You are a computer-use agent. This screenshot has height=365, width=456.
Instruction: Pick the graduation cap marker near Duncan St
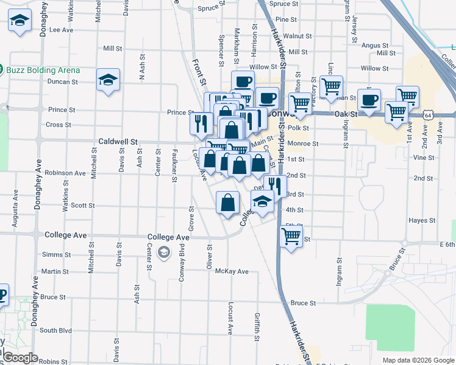(x=109, y=80)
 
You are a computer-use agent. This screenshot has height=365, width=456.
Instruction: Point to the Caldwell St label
(x=116, y=141)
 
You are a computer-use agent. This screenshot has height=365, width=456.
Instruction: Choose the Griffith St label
(x=258, y=325)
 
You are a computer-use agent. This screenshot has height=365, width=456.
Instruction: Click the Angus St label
(x=375, y=45)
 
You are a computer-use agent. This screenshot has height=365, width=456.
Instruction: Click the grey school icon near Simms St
(x=163, y=252)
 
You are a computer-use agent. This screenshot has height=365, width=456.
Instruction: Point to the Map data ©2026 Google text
(x=418, y=360)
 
